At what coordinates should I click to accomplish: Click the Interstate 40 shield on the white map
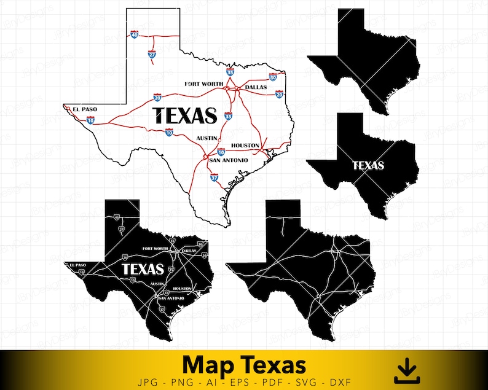134,35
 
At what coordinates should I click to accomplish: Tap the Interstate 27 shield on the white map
152,55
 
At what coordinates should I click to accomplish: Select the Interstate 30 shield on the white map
273,77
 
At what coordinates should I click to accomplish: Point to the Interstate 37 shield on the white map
214,177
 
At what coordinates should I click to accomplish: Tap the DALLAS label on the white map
256,88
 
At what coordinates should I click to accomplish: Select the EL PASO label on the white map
85,109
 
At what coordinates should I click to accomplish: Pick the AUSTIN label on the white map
207,138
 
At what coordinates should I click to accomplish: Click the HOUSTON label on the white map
245,145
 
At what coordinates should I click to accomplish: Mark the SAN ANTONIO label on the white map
229,160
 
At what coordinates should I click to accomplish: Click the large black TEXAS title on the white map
184,115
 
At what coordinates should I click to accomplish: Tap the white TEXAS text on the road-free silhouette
368,165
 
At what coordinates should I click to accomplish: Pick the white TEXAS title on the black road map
143,269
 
